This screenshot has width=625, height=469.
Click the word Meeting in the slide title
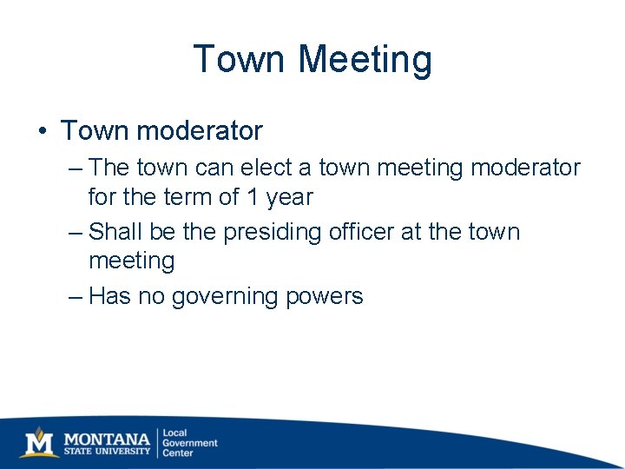coord(365,60)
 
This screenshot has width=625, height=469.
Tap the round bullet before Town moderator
coord(43,132)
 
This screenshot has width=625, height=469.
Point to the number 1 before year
coord(252,197)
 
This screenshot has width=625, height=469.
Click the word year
coord(290,198)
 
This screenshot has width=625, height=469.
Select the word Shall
coord(115,232)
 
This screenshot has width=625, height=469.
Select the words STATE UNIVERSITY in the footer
coord(108,451)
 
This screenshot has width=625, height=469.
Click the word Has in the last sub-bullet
coord(110,297)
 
